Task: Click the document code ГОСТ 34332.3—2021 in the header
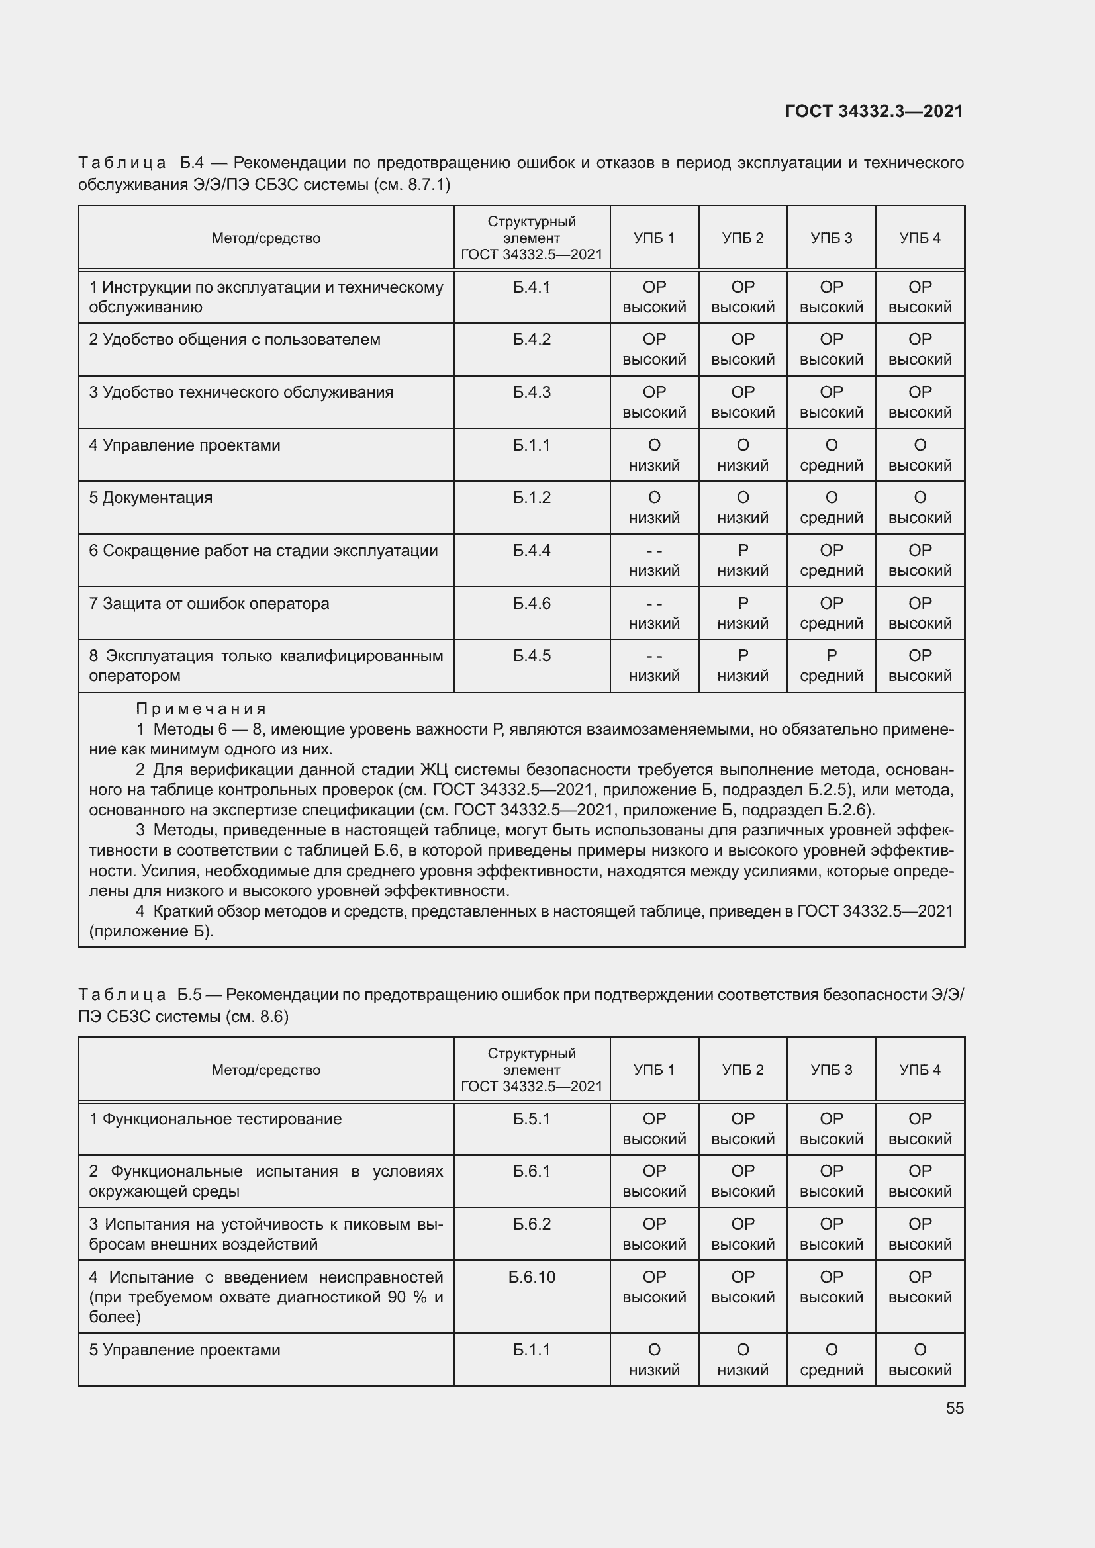(x=874, y=111)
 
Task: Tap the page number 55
(x=954, y=1408)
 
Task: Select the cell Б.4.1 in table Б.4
(x=532, y=287)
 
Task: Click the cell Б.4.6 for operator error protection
(x=532, y=604)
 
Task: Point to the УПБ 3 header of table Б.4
(x=831, y=238)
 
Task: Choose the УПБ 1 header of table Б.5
(x=653, y=1070)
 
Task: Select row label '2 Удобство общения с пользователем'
(x=234, y=340)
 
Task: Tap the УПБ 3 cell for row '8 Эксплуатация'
(x=831, y=665)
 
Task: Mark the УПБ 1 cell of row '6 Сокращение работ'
(x=653, y=561)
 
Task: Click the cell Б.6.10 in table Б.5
(x=532, y=1277)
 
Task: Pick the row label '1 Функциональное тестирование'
(x=216, y=1119)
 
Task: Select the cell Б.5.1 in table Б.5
(x=532, y=1119)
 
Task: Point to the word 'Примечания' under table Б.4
(x=201, y=709)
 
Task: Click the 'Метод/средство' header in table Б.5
(x=265, y=1070)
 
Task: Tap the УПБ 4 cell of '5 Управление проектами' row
(x=920, y=1360)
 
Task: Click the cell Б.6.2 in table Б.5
(x=532, y=1224)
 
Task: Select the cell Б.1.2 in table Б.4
(x=532, y=498)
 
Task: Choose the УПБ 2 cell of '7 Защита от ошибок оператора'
(x=742, y=613)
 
